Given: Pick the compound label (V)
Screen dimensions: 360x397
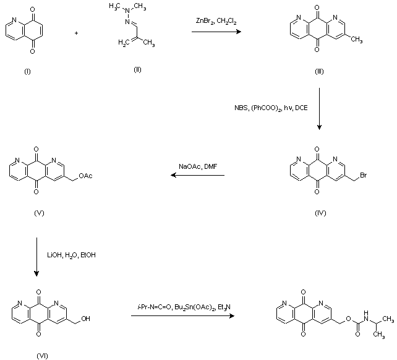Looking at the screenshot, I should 40,213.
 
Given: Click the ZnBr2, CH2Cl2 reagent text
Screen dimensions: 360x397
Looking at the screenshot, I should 216,22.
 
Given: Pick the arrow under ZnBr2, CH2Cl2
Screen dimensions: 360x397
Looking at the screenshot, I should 215,31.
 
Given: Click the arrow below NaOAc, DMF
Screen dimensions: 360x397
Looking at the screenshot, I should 198,176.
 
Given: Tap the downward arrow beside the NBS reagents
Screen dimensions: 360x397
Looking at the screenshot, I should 319,109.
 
